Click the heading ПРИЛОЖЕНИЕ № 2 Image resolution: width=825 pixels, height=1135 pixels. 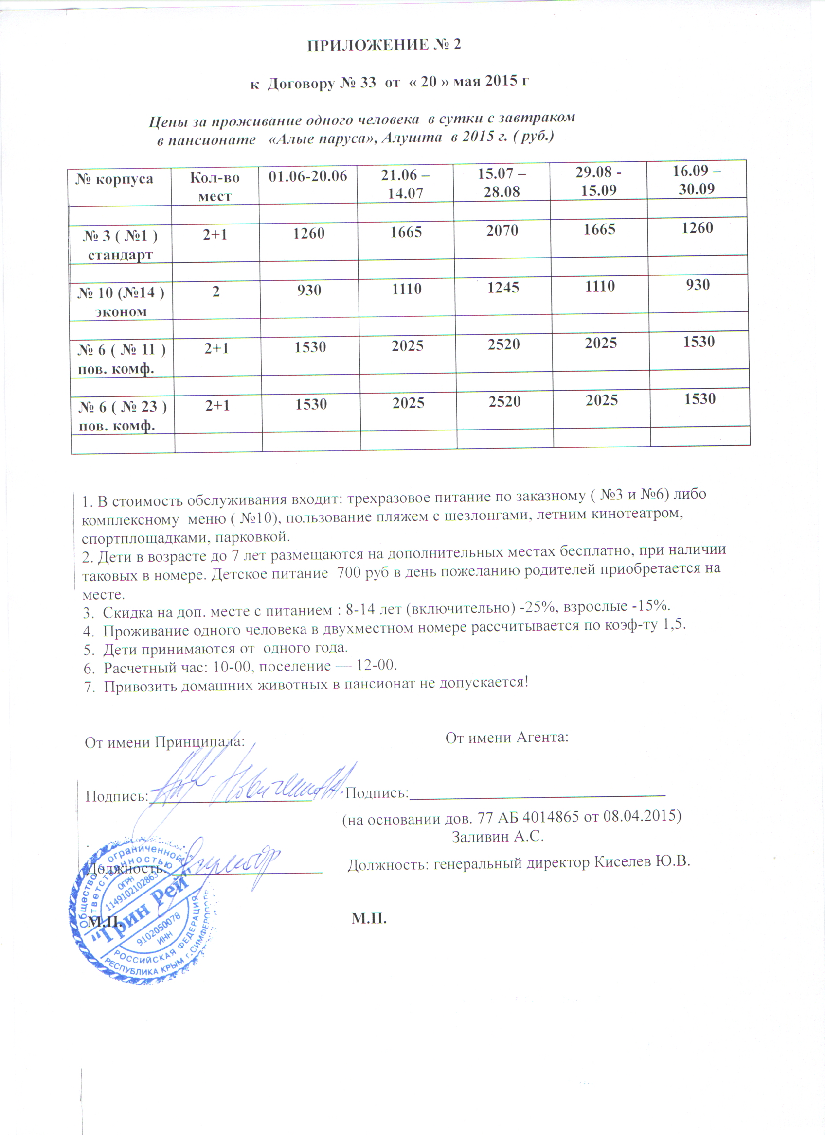[x=384, y=45]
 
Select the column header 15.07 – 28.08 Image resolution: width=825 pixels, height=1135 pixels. [x=502, y=183]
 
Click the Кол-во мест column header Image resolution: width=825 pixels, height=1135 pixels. [x=215, y=186]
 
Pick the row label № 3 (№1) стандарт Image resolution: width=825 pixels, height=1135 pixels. [x=120, y=244]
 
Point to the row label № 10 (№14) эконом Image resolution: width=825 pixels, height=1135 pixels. [x=121, y=301]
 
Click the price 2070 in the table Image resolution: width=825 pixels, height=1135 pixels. [x=502, y=231]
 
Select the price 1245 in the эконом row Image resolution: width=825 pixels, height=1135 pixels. [x=503, y=288]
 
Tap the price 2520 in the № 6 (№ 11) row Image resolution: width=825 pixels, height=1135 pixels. [x=504, y=345]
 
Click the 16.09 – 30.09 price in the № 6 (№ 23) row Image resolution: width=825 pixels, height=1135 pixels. [x=700, y=399]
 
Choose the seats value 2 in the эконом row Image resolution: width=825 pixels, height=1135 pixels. [x=216, y=291]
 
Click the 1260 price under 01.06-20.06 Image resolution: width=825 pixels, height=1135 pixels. [x=308, y=233]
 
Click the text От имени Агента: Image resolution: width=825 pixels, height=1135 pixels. [x=506, y=737]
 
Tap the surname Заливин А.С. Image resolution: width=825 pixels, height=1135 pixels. [x=498, y=836]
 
